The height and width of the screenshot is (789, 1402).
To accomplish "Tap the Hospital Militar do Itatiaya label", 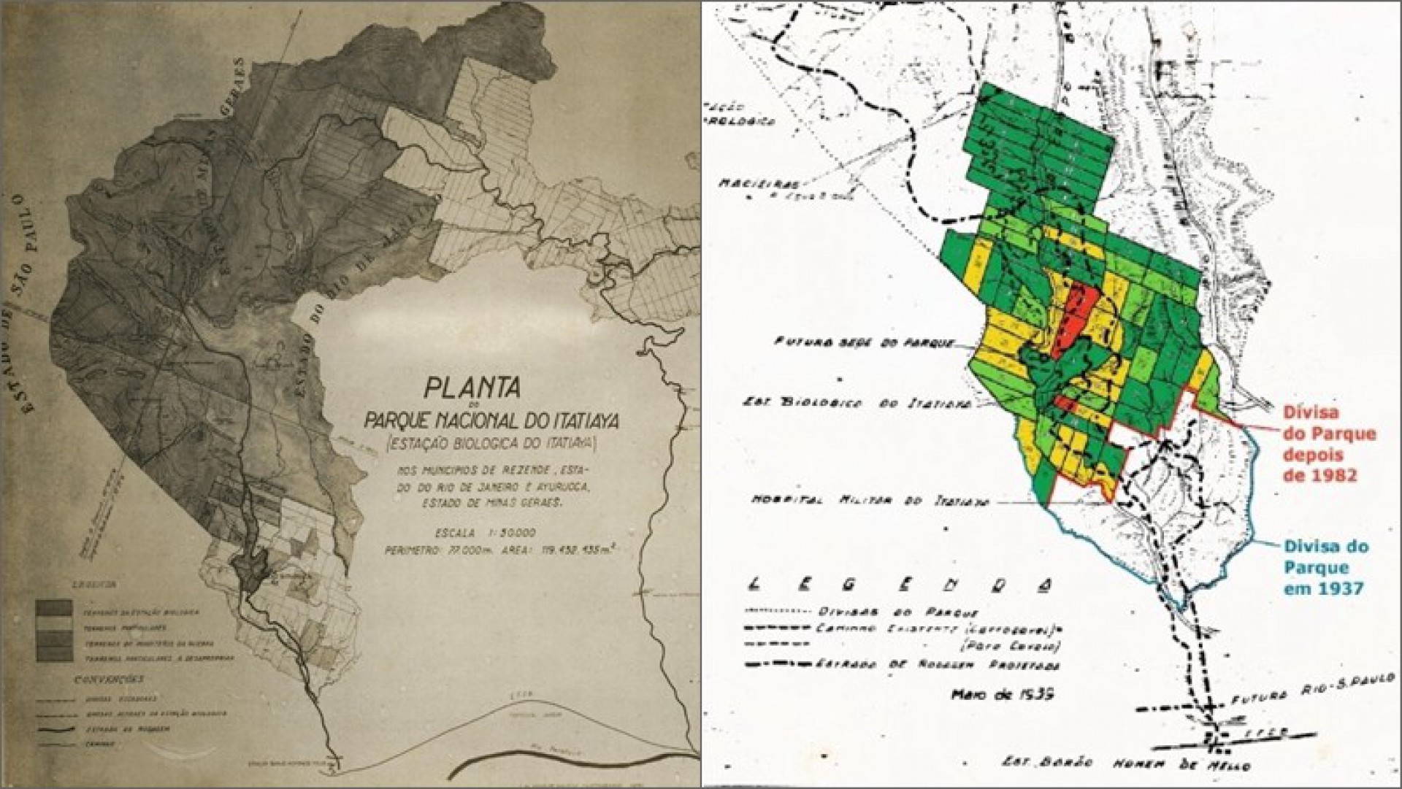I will click(869, 501).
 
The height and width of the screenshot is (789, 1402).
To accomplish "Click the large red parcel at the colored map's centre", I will click(1073, 321).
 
